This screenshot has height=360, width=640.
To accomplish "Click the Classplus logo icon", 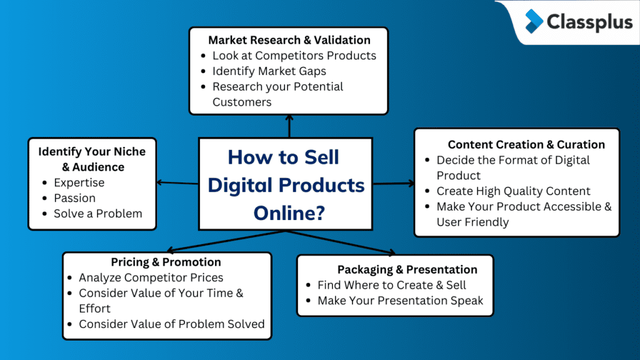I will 534,21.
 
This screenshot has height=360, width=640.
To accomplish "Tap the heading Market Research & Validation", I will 289,39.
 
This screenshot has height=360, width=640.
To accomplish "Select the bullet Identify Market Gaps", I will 269,71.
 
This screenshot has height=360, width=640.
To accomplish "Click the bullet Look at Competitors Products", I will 294,55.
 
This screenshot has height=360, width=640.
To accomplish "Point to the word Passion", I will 74,198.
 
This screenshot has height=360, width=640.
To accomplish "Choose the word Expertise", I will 79,182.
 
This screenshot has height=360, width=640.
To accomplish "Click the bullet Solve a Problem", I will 97,214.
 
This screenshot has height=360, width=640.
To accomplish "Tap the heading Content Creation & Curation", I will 526,144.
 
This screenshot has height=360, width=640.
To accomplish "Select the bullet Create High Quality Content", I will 513,191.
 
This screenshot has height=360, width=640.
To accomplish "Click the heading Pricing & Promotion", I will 166,262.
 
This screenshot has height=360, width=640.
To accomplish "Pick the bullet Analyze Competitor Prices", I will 151,277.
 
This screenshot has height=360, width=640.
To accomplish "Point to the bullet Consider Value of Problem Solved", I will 171,324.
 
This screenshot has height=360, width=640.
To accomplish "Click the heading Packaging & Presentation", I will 407,269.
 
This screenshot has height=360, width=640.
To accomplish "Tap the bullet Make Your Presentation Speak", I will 400,301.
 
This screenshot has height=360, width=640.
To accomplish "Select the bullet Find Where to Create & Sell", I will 392,285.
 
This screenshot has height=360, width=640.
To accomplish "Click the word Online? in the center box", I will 289,212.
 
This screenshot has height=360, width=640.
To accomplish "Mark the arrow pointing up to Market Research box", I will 289,126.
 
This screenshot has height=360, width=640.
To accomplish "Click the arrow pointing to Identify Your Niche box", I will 177,182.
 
